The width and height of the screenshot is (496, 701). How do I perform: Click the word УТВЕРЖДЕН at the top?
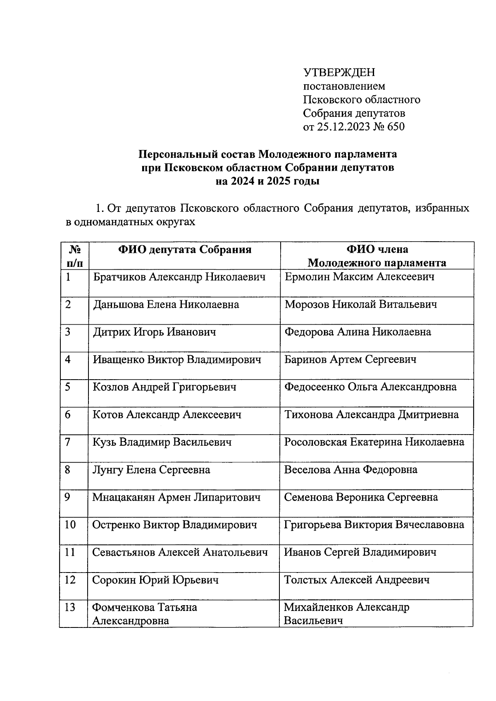click(339, 73)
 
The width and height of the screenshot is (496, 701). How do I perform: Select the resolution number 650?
click(396, 127)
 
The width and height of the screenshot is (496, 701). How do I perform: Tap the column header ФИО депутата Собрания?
click(185, 250)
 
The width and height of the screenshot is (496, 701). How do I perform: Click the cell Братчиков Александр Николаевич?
click(179, 277)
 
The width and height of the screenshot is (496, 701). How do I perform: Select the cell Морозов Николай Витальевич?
click(361, 305)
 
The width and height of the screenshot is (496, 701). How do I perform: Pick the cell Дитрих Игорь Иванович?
click(154, 332)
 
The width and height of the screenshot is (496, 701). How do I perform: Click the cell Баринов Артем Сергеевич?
click(350, 360)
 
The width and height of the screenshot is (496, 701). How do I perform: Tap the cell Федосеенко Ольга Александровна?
click(370, 387)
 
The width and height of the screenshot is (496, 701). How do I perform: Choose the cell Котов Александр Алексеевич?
click(167, 415)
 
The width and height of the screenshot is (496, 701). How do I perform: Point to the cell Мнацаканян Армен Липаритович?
click(176, 497)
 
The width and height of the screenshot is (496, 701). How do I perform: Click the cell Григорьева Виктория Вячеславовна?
click(374, 525)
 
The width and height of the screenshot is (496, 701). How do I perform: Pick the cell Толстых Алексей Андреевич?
click(357, 580)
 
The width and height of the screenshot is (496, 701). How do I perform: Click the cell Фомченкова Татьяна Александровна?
click(145, 614)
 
